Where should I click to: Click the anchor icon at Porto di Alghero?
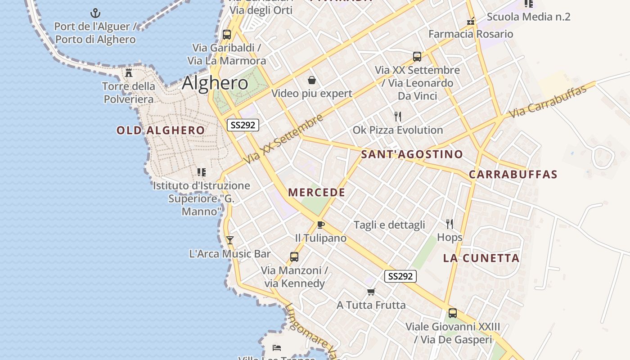pyautogui.click(x=95, y=13)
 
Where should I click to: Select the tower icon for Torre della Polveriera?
pyautogui.click(x=129, y=72)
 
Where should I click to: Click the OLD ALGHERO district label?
pyautogui.click(x=161, y=130)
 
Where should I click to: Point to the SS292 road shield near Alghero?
pyautogui.click(x=243, y=125)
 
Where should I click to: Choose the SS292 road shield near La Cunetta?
pyautogui.click(x=400, y=276)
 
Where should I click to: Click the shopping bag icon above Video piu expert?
pyautogui.click(x=311, y=80)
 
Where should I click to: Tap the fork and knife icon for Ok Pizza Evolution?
pyautogui.click(x=397, y=117)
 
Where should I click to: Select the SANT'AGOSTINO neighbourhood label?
pyautogui.click(x=412, y=154)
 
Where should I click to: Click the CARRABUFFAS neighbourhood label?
pyautogui.click(x=513, y=175)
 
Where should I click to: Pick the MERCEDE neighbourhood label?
pyautogui.click(x=317, y=193)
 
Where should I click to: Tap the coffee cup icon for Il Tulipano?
pyautogui.click(x=320, y=225)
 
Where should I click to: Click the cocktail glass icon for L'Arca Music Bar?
pyautogui.click(x=230, y=240)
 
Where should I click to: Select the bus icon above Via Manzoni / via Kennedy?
pyautogui.click(x=294, y=257)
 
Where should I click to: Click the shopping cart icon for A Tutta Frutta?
pyautogui.click(x=371, y=292)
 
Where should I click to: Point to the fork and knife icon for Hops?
pyautogui.click(x=449, y=224)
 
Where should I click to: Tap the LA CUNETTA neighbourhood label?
pyautogui.click(x=481, y=258)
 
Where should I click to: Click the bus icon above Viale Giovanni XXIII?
pyautogui.click(x=452, y=313)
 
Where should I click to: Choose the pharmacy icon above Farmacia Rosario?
pyautogui.click(x=471, y=21)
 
